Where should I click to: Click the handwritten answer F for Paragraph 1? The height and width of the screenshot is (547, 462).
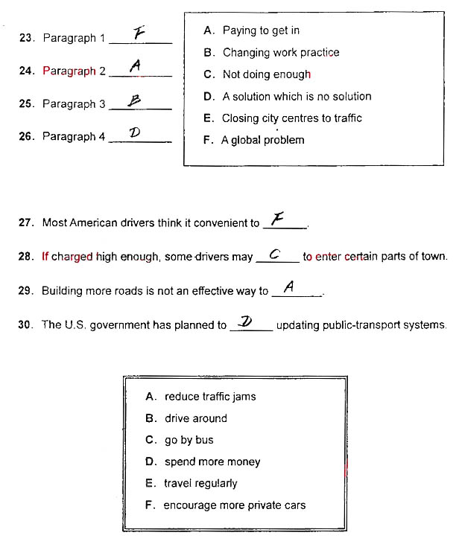click(x=139, y=33)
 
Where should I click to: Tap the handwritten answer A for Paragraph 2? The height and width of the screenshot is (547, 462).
click(x=135, y=66)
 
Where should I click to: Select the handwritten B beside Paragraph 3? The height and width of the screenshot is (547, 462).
click(x=134, y=100)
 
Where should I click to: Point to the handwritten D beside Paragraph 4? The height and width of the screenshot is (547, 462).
click(x=135, y=132)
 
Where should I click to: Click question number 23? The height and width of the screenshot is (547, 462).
click(x=27, y=38)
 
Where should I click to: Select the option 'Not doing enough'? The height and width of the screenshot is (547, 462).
click(x=266, y=74)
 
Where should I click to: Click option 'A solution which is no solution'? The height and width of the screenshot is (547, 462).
click(x=296, y=96)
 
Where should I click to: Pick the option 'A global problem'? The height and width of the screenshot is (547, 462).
click(x=262, y=140)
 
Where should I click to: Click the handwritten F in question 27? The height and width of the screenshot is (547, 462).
click(x=278, y=218)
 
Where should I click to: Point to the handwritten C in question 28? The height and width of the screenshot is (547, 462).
click(x=273, y=254)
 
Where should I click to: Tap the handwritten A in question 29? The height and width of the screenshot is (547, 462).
click(x=289, y=287)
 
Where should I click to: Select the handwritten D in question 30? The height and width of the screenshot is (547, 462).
click(x=245, y=321)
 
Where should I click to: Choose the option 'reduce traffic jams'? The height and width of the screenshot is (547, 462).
click(x=209, y=397)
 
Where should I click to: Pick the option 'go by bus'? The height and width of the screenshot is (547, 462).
click(x=189, y=440)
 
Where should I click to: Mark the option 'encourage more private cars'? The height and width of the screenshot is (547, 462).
click(x=234, y=505)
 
